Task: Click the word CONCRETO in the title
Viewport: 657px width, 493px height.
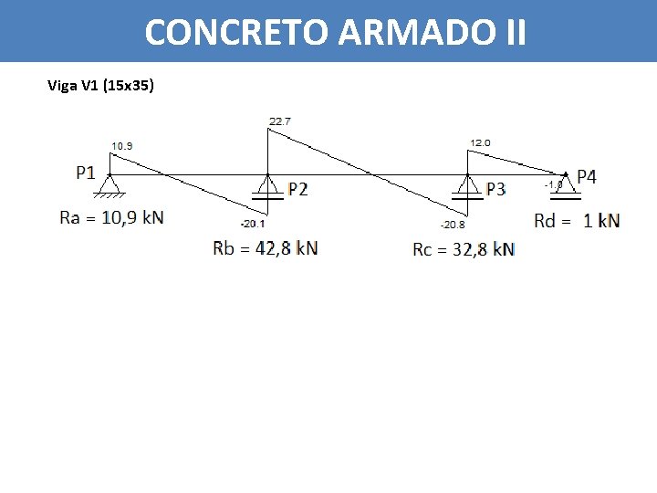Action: [237, 33]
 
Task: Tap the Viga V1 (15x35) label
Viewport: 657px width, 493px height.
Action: [101, 87]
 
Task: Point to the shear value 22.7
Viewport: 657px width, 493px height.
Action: [280, 121]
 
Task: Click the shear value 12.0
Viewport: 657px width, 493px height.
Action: [480, 143]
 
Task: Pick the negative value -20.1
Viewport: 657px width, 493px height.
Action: [253, 224]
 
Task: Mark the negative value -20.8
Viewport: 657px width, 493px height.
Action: [453, 225]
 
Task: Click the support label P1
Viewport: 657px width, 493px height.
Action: [86, 173]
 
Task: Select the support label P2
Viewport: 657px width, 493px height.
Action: [298, 190]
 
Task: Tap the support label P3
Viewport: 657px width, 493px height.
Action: [496, 190]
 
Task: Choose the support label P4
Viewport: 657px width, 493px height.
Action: [587, 177]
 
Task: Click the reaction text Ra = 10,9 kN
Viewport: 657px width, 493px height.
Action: [111, 217]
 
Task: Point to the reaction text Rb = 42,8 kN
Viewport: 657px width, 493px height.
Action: [265, 247]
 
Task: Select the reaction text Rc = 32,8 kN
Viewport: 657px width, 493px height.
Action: [464, 249]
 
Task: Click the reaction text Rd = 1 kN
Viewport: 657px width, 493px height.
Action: [577, 220]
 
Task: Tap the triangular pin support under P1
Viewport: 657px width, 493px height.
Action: [109, 186]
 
